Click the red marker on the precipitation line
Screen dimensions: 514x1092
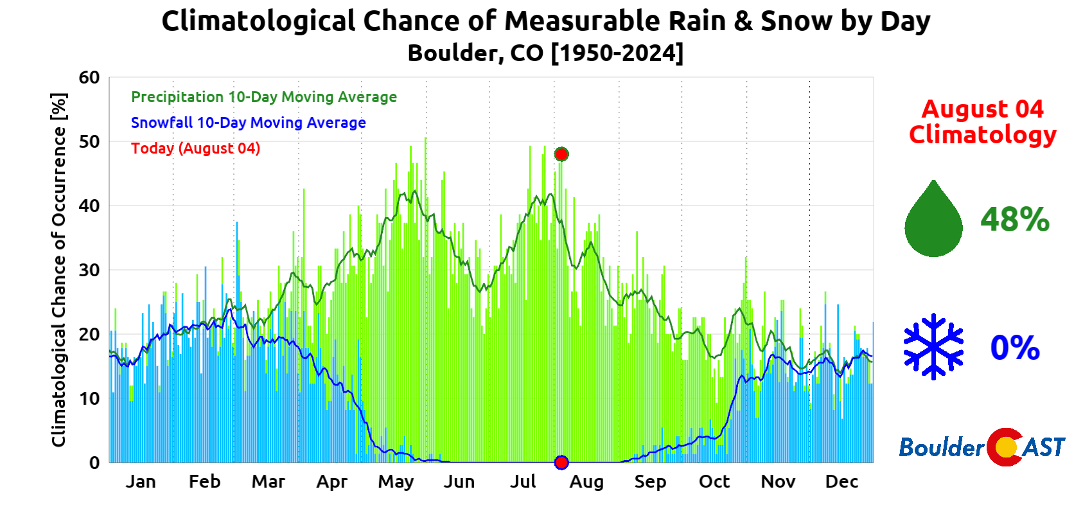coord(561,154)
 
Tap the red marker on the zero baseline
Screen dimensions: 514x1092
coord(561,463)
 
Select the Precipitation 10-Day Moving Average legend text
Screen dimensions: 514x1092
coord(264,97)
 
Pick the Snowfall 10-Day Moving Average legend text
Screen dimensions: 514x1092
coord(249,123)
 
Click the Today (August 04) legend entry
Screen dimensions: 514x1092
coord(196,148)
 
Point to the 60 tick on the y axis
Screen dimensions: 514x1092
coord(90,78)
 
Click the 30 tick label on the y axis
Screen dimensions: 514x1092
coord(90,270)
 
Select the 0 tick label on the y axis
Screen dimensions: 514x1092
coord(94,463)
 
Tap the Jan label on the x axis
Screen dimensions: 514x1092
coord(141,482)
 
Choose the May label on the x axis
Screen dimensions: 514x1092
coord(396,482)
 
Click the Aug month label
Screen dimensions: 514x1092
coord(586,482)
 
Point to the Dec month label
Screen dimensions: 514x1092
coord(841,482)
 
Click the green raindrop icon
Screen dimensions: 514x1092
coord(933,220)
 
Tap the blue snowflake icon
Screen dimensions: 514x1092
coord(933,347)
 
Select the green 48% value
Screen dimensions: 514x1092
coord(1015,220)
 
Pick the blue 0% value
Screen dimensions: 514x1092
coord(1015,348)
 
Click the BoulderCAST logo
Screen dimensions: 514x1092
coord(982,447)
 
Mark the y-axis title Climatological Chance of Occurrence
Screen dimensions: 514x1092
coord(59,270)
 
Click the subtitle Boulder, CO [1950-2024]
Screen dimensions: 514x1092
coord(545,53)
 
